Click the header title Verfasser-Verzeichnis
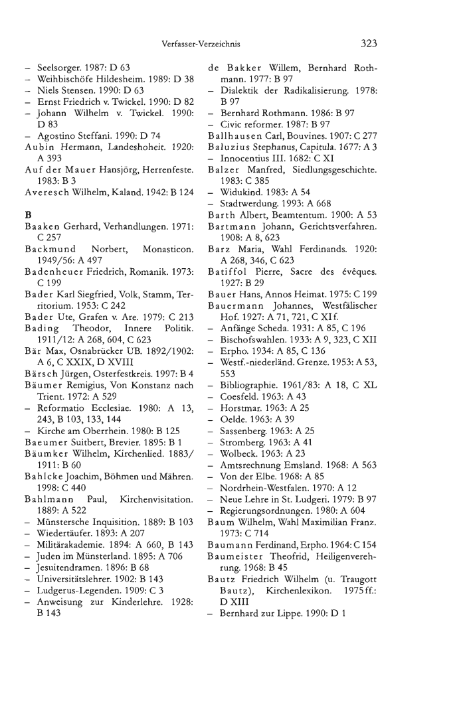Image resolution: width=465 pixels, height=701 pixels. pos(200,44)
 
